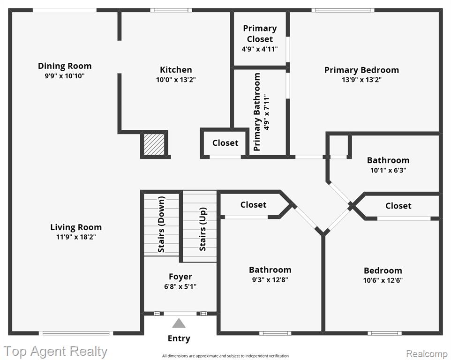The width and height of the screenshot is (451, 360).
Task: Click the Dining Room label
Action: click(65, 66)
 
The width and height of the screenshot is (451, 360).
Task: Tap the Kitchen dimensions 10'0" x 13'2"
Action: click(176, 80)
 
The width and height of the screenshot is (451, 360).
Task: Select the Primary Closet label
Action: click(260, 34)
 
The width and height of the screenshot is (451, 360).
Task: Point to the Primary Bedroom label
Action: click(361, 70)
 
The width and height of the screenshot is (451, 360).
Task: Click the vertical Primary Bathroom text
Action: click(257, 112)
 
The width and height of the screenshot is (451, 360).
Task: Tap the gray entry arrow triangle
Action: click(179, 323)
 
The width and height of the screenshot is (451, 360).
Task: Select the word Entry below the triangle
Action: click(179, 338)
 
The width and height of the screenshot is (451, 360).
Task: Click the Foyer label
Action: click(180, 277)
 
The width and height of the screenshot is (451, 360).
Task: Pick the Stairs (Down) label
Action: click(161, 225)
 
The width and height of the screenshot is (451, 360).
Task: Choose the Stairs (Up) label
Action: click(203, 229)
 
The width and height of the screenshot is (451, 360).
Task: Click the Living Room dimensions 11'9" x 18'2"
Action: click(76, 237)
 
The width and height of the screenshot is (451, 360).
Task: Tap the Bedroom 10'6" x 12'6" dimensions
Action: click(383, 280)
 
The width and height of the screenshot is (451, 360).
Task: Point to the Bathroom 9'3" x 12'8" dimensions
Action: click(270, 279)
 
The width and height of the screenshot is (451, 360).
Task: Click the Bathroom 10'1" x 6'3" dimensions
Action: click(388, 170)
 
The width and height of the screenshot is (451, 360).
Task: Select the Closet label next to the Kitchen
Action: click(225, 143)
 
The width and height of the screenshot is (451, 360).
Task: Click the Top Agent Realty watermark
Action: click(55, 352)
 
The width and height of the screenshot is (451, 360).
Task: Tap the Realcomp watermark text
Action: click(427, 353)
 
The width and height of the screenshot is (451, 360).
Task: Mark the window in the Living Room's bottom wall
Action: click(76, 333)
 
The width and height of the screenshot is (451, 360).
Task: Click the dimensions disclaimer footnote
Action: click(225, 356)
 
